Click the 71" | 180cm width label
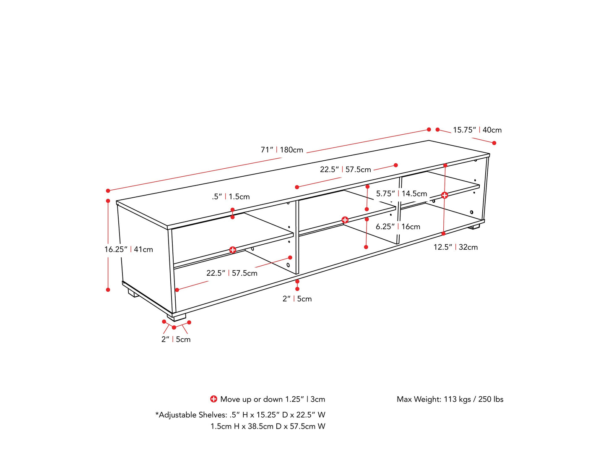pyautogui.click(x=282, y=150)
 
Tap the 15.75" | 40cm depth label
pyautogui.click(x=477, y=130)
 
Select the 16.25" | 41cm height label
pyautogui.click(x=129, y=249)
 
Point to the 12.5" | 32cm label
pyautogui.click(x=455, y=247)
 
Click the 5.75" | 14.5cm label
pyautogui.click(x=401, y=194)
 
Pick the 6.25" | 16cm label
pyautogui.click(x=398, y=227)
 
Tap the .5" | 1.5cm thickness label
pyautogui.click(x=231, y=196)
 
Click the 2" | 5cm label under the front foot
pyautogui.click(x=176, y=339)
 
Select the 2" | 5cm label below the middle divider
pyautogui.click(x=297, y=299)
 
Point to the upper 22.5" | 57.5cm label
pyautogui.click(x=345, y=170)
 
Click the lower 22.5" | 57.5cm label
pyautogui.click(x=231, y=273)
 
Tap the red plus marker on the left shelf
pyautogui.click(x=233, y=250)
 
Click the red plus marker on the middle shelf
pyautogui.click(x=345, y=220)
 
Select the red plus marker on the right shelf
pyautogui.click(x=445, y=195)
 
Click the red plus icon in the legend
pyautogui.click(x=213, y=399)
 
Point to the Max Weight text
pyautogui.click(x=450, y=399)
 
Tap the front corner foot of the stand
pyautogui.click(x=177, y=317)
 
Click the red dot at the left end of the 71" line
pyautogui.click(x=108, y=191)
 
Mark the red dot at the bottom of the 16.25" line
pyautogui.click(x=108, y=290)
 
